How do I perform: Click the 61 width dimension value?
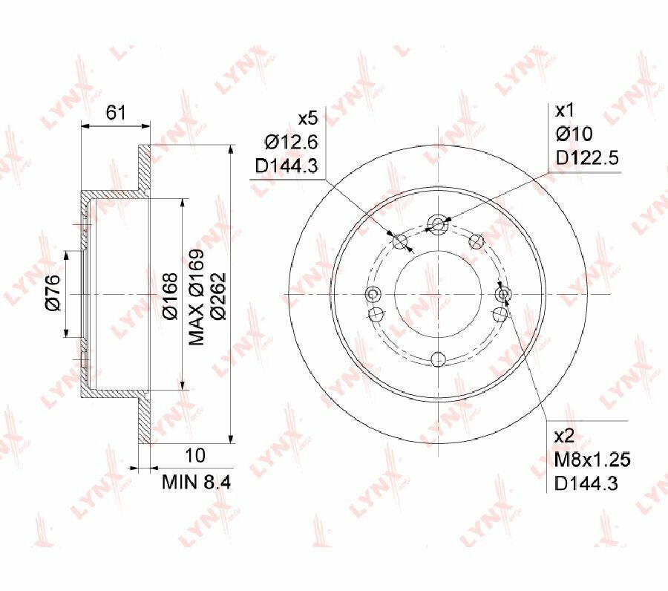coord(116,113)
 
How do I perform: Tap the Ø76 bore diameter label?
coord(53,293)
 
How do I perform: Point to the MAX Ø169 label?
coord(197,297)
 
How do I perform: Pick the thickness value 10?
coord(195,455)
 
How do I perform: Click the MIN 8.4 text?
coord(197,483)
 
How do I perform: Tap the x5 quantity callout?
coord(307,118)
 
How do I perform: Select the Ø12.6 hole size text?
coord(292,142)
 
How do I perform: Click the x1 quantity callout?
coord(565,111)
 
